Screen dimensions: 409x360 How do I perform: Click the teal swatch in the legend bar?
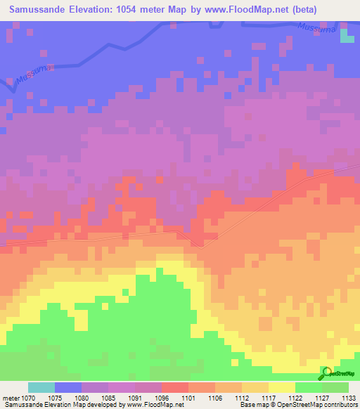41,387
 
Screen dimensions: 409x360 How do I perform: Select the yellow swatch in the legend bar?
281,387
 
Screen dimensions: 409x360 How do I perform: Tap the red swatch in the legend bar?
174,387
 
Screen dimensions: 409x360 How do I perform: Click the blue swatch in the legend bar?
68,387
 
